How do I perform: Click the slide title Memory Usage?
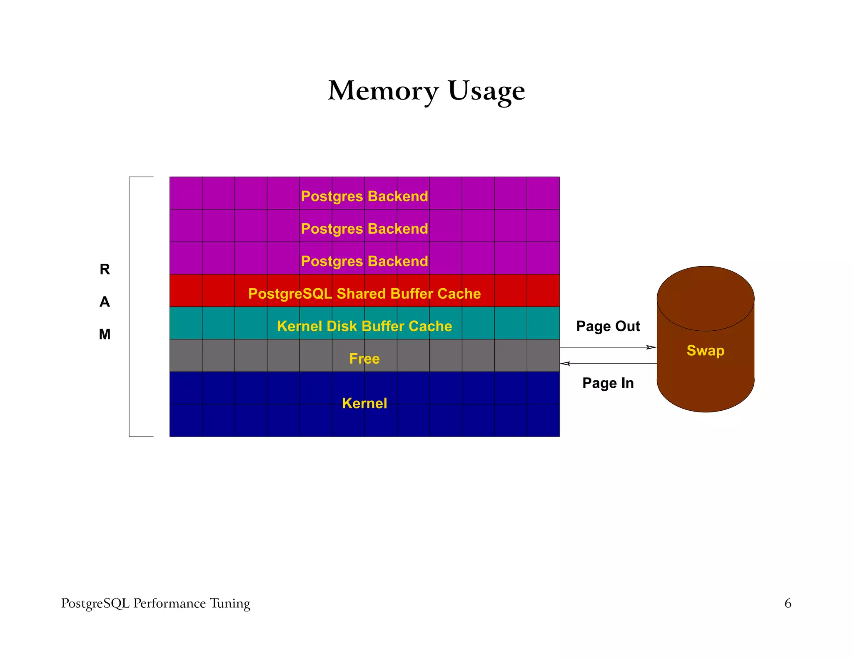coord(426,90)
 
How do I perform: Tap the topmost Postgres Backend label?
coord(364,196)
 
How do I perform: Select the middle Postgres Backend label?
coord(364,229)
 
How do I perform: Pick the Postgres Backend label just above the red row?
coord(364,261)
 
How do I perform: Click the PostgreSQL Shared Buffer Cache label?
coord(364,294)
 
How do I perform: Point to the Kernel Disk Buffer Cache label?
coord(364,326)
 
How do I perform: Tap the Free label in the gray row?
coord(364,359)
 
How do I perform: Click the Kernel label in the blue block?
coord(364,403)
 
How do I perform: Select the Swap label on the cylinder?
coord(705,350)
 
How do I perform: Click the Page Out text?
coord(608,326)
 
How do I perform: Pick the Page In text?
coord(608,383)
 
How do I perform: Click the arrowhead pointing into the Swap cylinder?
coord(651,347)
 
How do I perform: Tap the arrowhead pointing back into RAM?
coord(565,364)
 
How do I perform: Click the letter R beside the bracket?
coord(105,270)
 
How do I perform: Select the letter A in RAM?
coord(105,302)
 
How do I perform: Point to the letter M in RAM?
coord(105,334)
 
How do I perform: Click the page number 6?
coord(788,603)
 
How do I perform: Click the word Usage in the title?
coord(486,90)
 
